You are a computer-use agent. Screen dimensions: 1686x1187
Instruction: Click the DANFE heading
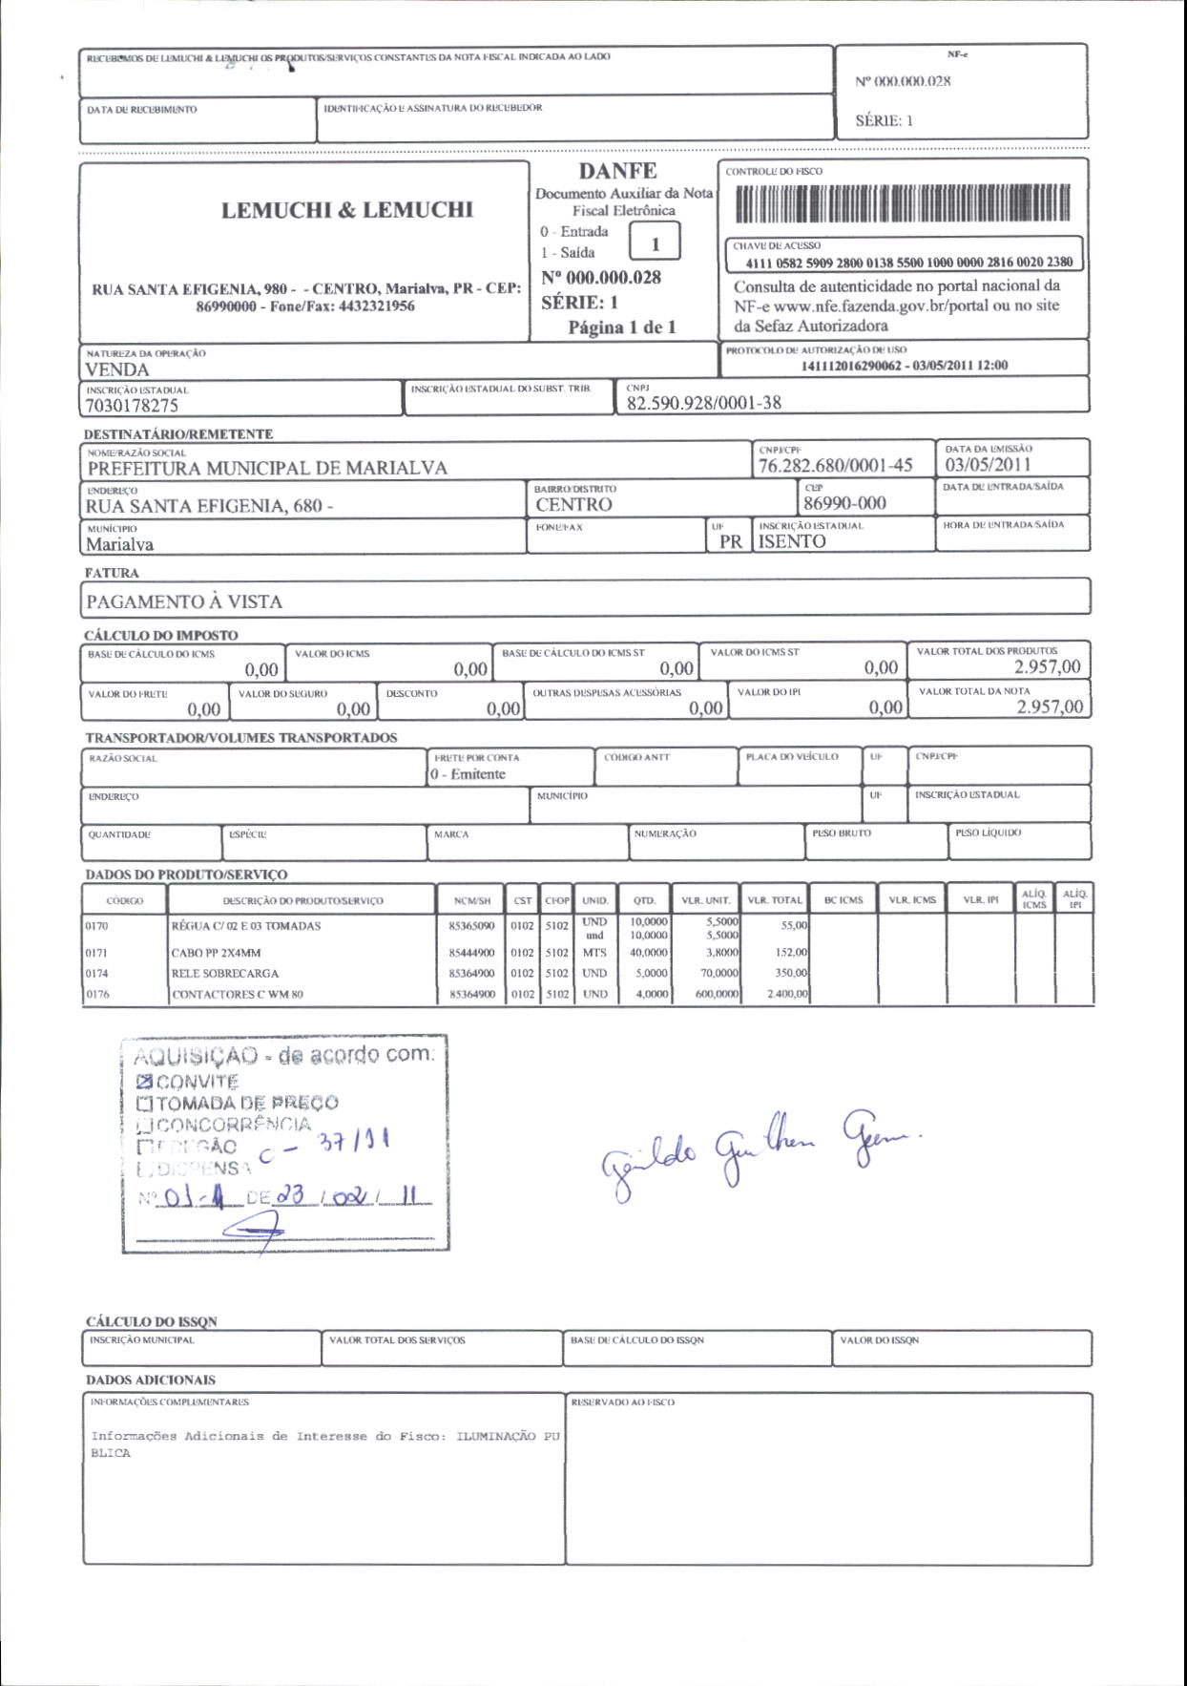coord(617,171)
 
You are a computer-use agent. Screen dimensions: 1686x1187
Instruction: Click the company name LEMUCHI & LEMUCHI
coord(347,210)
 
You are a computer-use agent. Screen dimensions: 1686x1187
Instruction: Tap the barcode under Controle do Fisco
coord(903,203)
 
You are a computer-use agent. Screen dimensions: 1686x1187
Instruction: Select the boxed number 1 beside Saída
coord(655,243)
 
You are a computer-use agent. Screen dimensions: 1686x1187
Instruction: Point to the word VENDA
coord(117,370)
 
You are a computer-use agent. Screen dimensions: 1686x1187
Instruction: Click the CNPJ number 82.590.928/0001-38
coord(703,403)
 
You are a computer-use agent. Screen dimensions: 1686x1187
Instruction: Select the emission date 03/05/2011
coord(988,465)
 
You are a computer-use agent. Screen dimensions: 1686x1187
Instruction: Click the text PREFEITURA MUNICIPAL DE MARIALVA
coord(267,469)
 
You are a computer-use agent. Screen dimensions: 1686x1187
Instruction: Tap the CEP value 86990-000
coord(844,503)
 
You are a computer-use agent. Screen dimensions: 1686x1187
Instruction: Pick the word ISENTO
coord(792,541)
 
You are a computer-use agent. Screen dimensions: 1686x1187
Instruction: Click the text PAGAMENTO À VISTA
coord(184,602)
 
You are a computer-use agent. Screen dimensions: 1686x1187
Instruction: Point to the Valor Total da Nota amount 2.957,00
coord(1050,706)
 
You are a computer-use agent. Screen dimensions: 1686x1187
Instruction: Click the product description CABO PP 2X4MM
coord(216,953)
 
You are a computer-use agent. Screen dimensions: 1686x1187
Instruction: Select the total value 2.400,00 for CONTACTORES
coord(787,994)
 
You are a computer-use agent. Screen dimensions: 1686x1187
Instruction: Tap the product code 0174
coord(97,974)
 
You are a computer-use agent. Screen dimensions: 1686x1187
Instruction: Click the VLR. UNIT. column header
coord(705,900)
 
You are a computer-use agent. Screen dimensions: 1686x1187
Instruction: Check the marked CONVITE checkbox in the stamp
coord(144,1082)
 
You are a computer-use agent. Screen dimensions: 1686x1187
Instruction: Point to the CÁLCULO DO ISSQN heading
coord(152,1321)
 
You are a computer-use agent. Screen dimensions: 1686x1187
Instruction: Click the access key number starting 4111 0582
coord(908,262)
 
